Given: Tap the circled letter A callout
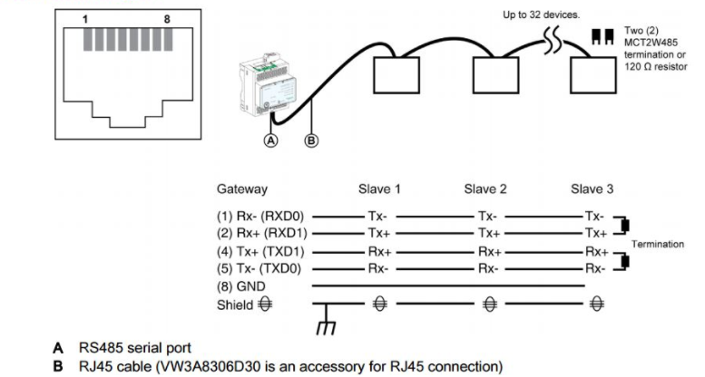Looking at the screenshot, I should pos(269,140).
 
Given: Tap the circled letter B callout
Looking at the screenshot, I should pos(311,140).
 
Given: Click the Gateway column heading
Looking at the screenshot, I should pos(241,189).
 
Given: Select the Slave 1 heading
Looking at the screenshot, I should pos(381,189).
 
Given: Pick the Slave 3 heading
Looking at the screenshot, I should pos(592,189).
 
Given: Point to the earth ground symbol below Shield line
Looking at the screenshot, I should pos(320,327).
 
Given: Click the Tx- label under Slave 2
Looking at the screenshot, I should pos(490,217).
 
